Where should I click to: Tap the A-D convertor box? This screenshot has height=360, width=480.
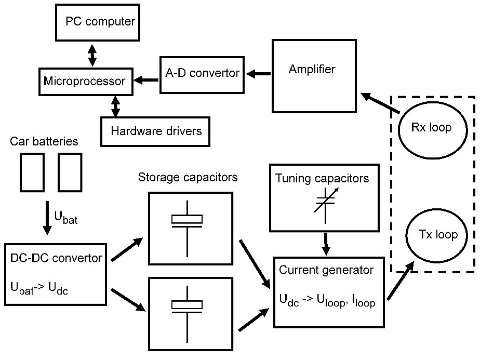(202, 73)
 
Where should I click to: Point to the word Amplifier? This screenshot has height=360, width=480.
(312, 69)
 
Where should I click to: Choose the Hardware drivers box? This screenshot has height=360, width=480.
(156, 130)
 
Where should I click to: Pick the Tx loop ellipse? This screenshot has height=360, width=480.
(438, 235)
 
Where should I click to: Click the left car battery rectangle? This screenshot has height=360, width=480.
(32, 171)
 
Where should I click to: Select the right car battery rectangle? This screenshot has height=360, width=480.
(70, 171)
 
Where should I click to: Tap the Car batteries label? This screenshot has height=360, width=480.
(44, 141)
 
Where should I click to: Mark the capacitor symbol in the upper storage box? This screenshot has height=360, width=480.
(186, 220)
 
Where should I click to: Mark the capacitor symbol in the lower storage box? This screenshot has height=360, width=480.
(186, 306)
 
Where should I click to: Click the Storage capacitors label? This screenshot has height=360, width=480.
(188, 178)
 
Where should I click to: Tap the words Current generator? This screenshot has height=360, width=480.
(326, 270)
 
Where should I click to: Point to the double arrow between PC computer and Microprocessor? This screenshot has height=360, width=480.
(92, 56)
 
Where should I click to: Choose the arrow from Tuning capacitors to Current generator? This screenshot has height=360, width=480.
(326, 243)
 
